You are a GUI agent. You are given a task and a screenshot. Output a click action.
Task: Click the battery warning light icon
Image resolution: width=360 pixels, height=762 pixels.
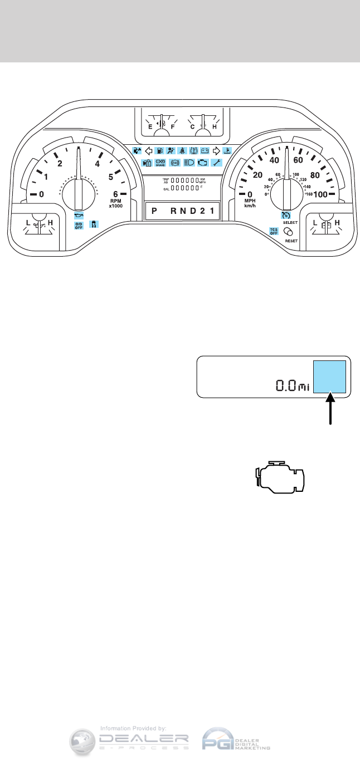pyautogui.click(x=205, y=150)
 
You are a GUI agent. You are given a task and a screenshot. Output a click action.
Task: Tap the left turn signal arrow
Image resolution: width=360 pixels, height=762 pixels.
pyautogui.click(x=149, y=150)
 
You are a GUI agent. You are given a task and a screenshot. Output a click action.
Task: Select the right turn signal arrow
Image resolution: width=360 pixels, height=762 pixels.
pyautogui.click(x=217, y=150)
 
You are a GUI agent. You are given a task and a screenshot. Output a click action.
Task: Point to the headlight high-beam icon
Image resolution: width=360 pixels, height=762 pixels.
pyautogui.click(x=189, y=163)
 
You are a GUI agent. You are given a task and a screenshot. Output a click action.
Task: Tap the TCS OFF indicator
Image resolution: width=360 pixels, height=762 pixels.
pyautogui.click(x=274, y=231)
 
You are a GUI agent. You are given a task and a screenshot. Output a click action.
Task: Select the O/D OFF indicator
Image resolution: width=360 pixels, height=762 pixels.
pyautogui.click(x=79, y=225)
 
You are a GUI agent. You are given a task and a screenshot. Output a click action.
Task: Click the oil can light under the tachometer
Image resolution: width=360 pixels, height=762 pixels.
pyautogui.click(x=79, y=214)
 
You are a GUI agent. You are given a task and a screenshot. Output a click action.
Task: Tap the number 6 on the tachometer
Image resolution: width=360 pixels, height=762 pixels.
pyautogui.click(x=116, y=194)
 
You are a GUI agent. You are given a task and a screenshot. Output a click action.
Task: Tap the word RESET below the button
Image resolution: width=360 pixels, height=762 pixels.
pyautogui.click(x=291, y=242)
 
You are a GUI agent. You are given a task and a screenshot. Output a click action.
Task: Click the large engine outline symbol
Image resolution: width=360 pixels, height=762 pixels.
pyautogui.click(x=280, y=478)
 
